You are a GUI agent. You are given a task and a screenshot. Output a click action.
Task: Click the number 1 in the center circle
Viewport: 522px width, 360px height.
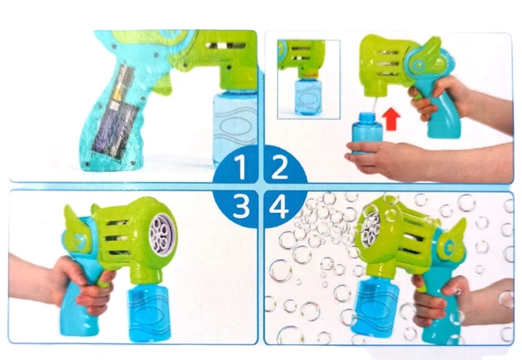241,168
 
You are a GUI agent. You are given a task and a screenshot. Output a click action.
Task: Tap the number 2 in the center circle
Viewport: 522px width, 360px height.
280,168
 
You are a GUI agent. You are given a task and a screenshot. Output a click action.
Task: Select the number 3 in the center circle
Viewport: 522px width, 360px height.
241,206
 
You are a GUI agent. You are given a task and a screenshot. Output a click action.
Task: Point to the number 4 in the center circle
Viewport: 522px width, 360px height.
279,206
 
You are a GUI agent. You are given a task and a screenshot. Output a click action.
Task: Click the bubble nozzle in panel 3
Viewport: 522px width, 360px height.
162,232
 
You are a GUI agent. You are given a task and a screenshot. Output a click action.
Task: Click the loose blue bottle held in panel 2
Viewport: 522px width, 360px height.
367,133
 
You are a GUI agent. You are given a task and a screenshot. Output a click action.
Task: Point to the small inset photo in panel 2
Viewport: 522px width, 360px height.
309,79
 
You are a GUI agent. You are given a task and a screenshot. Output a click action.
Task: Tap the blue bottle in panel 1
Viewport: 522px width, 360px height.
235,129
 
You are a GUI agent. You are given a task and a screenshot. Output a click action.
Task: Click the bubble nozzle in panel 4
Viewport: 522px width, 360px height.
369,229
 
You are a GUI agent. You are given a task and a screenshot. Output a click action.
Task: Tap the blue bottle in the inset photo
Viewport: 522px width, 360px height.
309,96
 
